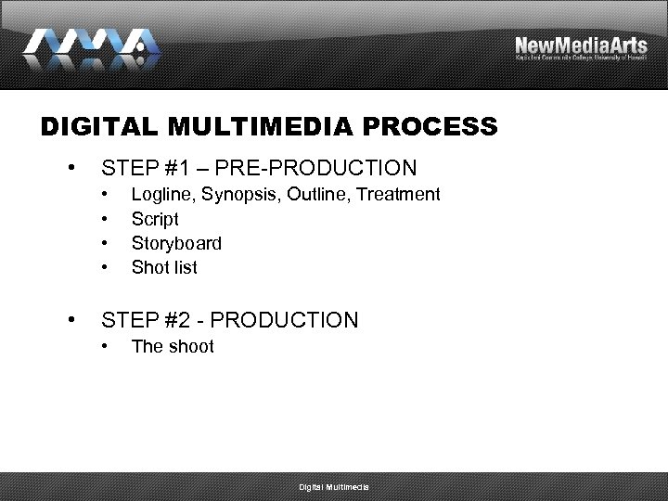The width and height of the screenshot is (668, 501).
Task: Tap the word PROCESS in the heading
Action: click(x=439, y=127)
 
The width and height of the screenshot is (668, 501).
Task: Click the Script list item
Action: click(x=155, y=219)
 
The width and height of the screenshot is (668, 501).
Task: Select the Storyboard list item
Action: click(x=176, y=243)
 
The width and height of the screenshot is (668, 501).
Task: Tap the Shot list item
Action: click(x=164, y=267)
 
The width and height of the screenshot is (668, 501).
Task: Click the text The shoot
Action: click(x=173, y=346)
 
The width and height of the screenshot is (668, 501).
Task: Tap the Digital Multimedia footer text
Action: click(x=333, y=487)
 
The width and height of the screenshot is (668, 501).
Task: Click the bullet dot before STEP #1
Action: click(x=71, y=168)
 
